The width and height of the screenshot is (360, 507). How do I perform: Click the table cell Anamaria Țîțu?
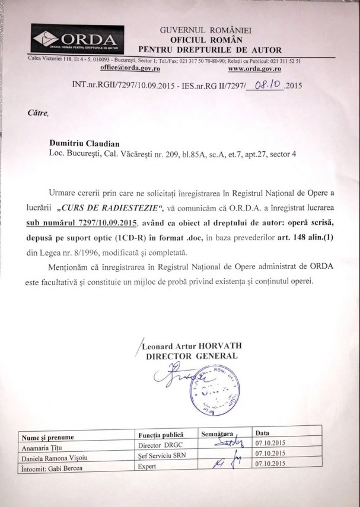[42, 447]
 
